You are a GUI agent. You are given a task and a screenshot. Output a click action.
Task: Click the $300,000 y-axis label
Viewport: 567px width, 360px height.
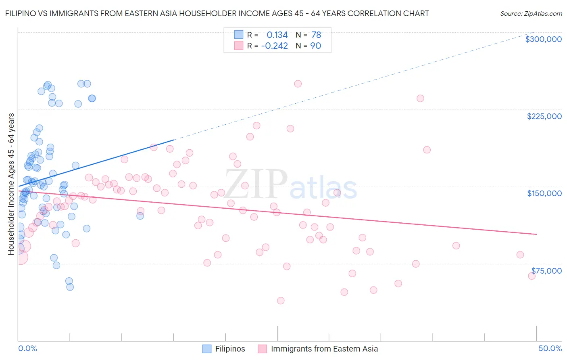coord(543,39)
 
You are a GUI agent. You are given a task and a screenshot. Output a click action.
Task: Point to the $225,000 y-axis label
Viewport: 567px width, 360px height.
coord(544,116)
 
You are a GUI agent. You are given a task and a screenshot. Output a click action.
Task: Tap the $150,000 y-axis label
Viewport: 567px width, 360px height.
coord(544,193)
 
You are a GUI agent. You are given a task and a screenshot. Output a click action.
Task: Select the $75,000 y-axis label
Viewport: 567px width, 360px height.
coord(546,270)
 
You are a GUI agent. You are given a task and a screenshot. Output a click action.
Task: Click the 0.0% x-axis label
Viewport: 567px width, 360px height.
coord(27,348)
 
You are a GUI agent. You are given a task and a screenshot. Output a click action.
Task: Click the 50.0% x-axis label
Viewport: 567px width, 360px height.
coord(550,348)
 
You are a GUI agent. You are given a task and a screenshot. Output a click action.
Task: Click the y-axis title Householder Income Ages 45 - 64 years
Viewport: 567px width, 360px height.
coord(11,184)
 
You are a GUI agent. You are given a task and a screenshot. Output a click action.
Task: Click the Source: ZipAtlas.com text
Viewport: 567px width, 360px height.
coord(531,13)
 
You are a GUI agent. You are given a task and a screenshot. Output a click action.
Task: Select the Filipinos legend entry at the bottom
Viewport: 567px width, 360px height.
coord(230,349)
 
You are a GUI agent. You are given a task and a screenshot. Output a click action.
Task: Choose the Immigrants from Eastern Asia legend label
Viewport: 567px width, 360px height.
coord(324,349)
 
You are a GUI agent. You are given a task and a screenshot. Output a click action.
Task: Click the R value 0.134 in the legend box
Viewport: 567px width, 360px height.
coord(277,35)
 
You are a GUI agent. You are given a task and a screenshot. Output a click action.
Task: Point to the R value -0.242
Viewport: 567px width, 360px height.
coord(275,46)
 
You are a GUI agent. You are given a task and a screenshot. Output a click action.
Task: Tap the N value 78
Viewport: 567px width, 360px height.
coord(316,35)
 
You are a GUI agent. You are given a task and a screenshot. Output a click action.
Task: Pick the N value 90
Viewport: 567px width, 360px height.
coord(315,46)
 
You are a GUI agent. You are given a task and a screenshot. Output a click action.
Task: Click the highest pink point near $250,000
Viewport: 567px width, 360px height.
coord(298,84)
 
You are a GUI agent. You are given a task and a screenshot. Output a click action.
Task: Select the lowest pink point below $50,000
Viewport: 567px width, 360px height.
coord(281,301)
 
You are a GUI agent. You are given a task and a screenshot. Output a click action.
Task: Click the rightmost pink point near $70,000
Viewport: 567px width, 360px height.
coord(532,276)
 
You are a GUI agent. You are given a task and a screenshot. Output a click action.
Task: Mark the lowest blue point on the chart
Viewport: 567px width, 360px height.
coord(70,287)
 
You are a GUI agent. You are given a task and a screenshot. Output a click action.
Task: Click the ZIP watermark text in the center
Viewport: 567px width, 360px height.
coord(256,184)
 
